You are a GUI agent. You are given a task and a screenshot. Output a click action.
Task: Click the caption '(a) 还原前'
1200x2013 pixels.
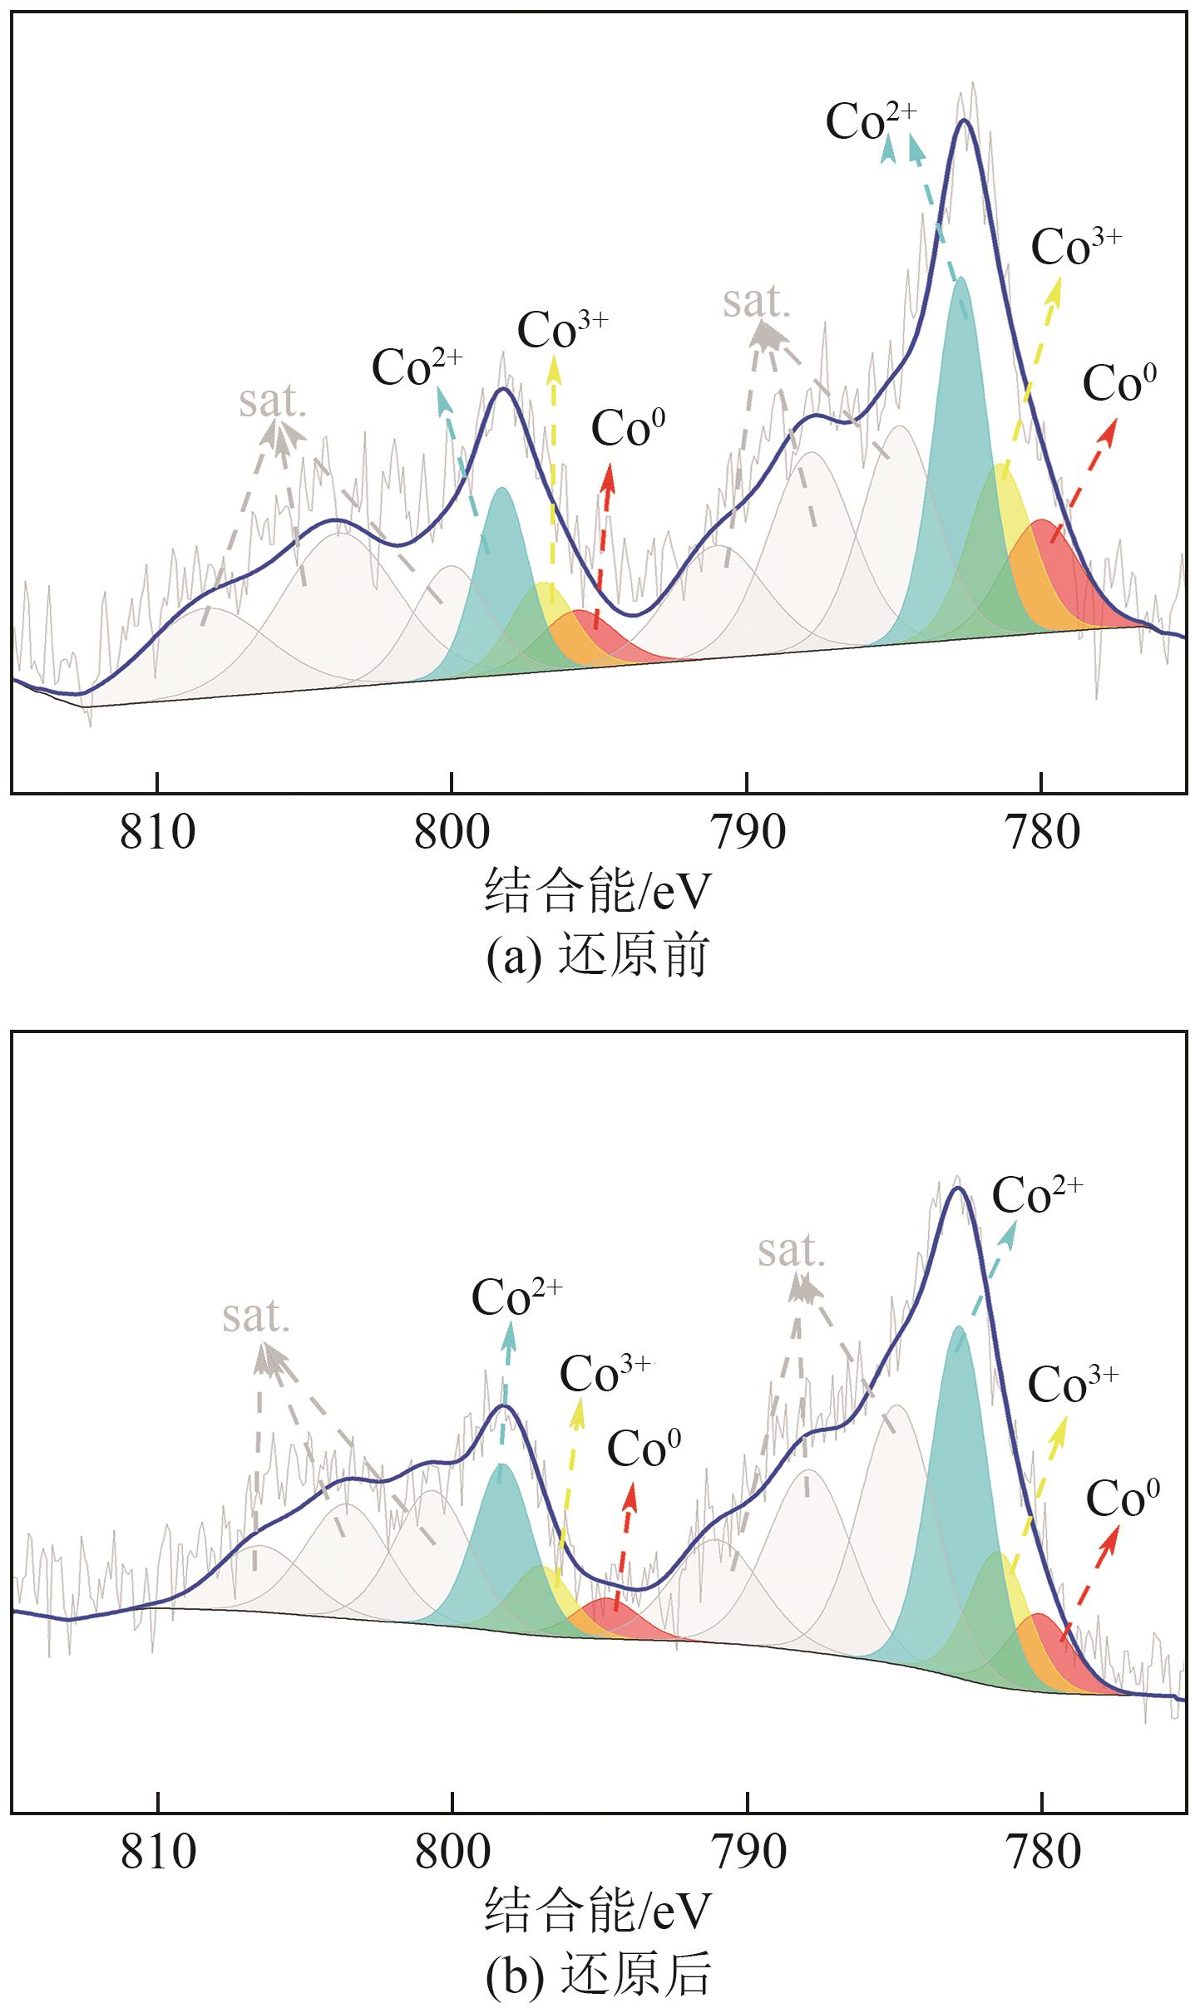point(597,956)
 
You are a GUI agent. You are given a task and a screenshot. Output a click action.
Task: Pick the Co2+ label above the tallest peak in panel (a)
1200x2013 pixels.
point(871,122)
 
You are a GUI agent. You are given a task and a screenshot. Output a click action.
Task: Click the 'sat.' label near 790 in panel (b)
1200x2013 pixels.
point(791,1251)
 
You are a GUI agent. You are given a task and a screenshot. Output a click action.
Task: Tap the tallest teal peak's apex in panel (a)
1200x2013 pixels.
point(960,278)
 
